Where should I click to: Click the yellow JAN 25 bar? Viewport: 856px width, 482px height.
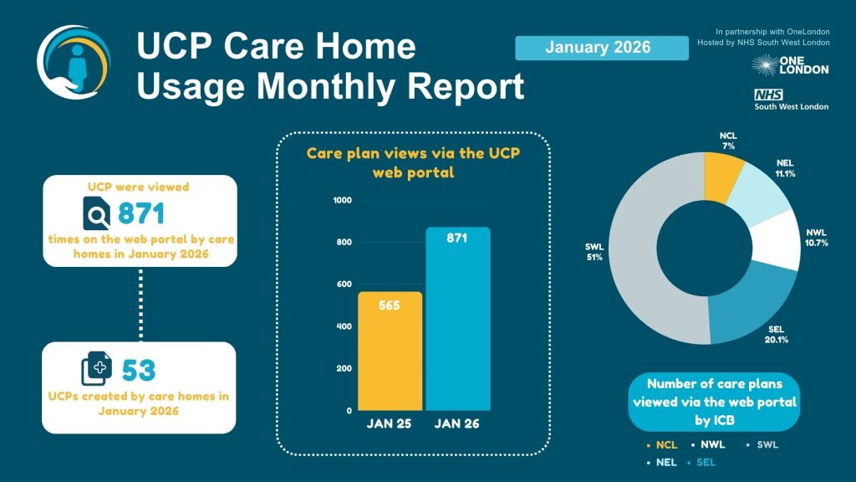pos(390,351)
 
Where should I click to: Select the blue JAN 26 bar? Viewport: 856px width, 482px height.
pos(458,319)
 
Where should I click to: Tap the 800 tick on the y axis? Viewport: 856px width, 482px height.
pos(344,243)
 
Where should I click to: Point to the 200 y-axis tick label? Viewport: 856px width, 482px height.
pos(344,369)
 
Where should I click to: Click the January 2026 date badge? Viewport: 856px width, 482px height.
pos(598,48)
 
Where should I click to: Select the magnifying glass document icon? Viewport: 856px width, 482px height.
pos(98,215)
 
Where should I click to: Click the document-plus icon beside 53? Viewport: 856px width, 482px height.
pos(95,369)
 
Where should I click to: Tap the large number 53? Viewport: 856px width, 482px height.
pos(140,369)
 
